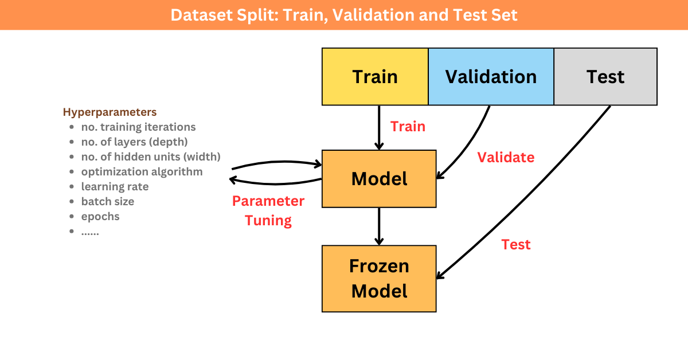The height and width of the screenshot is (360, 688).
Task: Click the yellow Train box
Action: click(x=375, y=76)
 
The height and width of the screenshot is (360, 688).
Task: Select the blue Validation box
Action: click(x=491, y=76)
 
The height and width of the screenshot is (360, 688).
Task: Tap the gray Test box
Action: click(x=605, y=76)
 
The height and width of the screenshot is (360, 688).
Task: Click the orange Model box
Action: click(x=379, y=179)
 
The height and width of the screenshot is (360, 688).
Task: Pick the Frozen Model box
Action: click(x=379, y=279)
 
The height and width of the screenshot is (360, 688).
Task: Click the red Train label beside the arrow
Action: click(x=408, y=127)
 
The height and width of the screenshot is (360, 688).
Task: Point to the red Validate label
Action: click(x=506, y=157)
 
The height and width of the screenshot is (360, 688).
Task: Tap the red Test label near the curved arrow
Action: click(x=516, y=245)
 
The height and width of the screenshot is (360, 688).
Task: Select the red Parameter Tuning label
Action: click(x=268, y=211)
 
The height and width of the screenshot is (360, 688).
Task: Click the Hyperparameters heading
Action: click(x=110, y=112)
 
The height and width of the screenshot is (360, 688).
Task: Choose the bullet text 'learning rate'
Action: click(x=115, y=186)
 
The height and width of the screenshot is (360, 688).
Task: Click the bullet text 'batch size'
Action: click(x=108, y=202)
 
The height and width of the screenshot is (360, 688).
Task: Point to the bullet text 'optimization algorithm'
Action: click(x=142, y=172)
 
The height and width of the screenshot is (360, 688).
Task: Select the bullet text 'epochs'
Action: click(x=100, y=217)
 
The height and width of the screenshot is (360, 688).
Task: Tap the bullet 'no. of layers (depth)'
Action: click(x=135, y=142)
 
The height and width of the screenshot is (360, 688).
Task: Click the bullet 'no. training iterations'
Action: click(x=139, y=127)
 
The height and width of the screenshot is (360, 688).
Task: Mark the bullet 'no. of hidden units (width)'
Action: click(x=151, y=157)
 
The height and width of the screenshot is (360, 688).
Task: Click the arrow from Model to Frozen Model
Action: click(x=379, y=226)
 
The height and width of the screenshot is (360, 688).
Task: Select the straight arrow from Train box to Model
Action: click(x=379, y=128)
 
